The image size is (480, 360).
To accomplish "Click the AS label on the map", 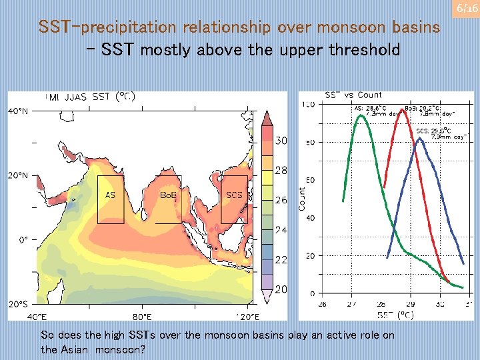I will (111, 195).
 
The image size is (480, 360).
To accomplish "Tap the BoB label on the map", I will (168, 195).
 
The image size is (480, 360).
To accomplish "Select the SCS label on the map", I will (234, 195).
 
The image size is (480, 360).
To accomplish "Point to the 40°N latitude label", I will (18, 111).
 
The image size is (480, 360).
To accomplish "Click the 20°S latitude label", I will (18, 303).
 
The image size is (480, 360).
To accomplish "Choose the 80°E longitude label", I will (142, 316).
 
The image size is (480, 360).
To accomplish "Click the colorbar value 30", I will (281, 141).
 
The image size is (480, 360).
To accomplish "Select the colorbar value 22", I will (281, 259).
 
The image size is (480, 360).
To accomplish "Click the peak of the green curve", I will (361, 116).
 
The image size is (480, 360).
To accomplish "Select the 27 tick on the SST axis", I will (351, 304).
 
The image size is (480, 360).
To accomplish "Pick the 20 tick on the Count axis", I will (311, 256).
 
